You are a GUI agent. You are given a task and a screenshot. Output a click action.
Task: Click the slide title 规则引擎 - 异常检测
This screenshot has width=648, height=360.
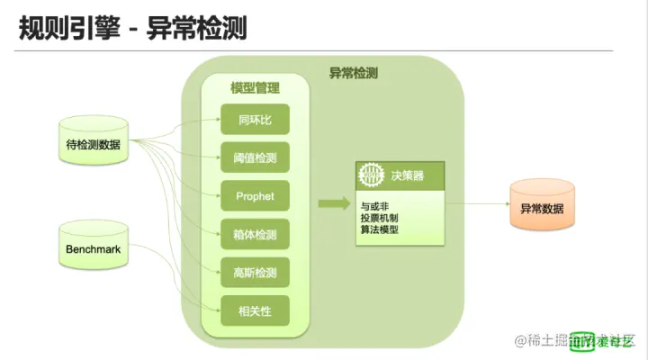click(133, 30)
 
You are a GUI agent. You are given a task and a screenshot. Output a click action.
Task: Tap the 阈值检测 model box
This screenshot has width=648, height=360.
click(255, 157)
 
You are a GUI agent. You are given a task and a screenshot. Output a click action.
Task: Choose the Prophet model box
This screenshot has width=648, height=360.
click(255, 196)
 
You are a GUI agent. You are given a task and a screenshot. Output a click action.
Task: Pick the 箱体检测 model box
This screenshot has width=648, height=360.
click(255, 234)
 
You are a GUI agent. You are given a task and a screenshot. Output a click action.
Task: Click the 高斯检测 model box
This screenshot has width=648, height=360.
click(255, 273)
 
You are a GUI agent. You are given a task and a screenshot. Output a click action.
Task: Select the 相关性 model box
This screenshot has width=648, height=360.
click(255, 310)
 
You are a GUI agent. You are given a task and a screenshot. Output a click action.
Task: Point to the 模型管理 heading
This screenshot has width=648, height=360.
click(255, 88)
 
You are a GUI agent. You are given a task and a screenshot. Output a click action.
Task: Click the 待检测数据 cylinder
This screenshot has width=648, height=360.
click(93, 144)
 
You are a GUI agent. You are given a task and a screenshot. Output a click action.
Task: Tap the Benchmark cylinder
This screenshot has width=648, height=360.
click(93, 247)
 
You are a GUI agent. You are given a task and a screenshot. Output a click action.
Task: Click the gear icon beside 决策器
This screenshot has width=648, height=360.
click(370, 174)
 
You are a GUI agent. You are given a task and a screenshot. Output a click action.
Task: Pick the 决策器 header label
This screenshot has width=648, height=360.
click(401, 175)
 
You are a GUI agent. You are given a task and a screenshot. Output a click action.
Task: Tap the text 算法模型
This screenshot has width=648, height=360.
click(379, 229)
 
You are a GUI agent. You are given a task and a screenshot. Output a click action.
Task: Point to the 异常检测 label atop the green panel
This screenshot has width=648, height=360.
click(354, 72)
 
